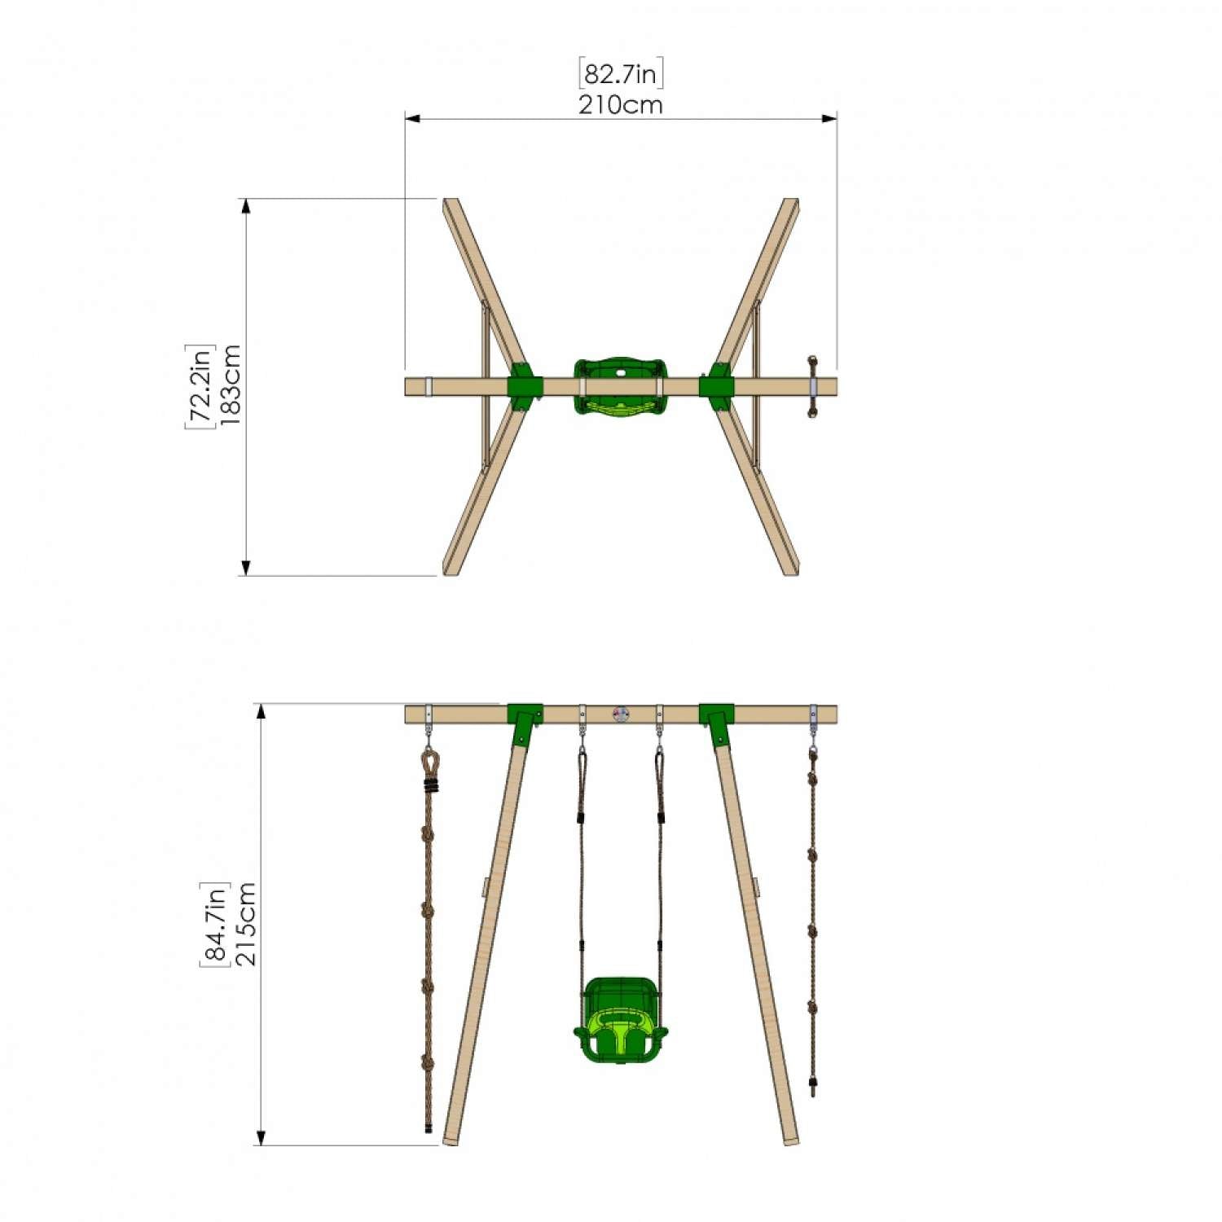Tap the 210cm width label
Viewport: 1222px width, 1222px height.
point(621,105)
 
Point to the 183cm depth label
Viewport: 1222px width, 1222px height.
point(230,386)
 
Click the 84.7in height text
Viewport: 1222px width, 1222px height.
point(215,924)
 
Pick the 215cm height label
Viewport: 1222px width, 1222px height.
point(245,924)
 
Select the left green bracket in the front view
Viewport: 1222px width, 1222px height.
point(525,722)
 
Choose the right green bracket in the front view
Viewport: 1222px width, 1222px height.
point(717,722)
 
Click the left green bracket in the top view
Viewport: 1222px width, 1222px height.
point(524,386)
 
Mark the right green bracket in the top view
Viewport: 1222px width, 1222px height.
point(717,386)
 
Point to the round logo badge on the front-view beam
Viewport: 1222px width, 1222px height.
point(621,714)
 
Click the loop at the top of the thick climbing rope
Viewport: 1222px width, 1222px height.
point(429,763)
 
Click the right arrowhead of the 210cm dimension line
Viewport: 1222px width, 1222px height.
point(830,119)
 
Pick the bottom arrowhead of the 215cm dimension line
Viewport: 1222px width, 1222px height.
point(262,1138)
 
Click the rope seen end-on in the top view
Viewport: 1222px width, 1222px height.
point(811,386)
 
